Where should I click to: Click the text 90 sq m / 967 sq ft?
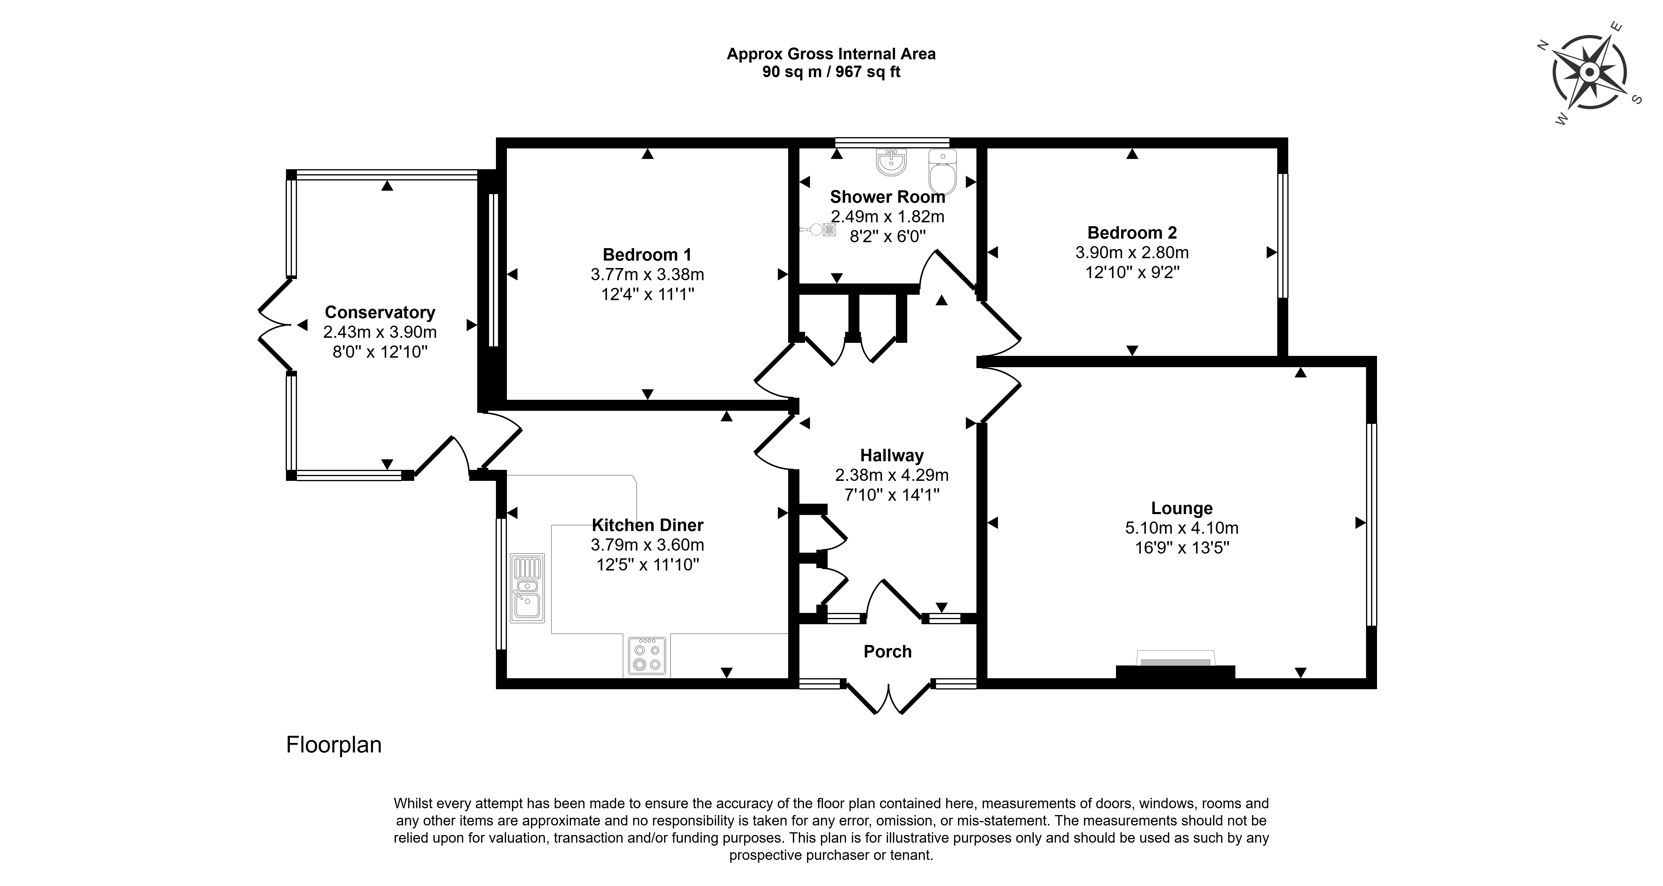832,72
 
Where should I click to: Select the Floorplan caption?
334,745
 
